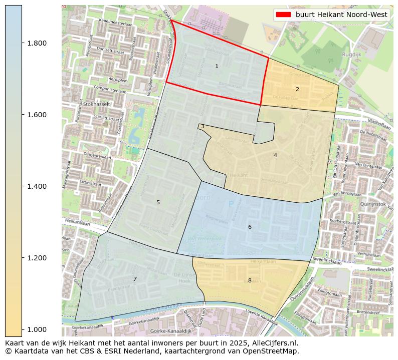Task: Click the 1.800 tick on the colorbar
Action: point(36,43)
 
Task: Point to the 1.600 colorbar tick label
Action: point(36,115)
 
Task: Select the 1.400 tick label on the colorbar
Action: point(36,186)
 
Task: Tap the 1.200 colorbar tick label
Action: point(36,258)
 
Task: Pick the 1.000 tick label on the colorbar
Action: point(36,329)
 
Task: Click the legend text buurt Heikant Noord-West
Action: point(341,15)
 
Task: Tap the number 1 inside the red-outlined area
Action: point(217,66)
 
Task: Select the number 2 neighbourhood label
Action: point(297,89)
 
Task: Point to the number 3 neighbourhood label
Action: point(203,127)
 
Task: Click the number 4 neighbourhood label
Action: point(275,155)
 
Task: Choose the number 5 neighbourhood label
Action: point(158,202)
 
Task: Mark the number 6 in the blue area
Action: point(250,227)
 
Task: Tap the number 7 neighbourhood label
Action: point(135,279)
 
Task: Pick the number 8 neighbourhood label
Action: point(250,280)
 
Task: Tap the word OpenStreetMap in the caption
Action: point(273,351)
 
